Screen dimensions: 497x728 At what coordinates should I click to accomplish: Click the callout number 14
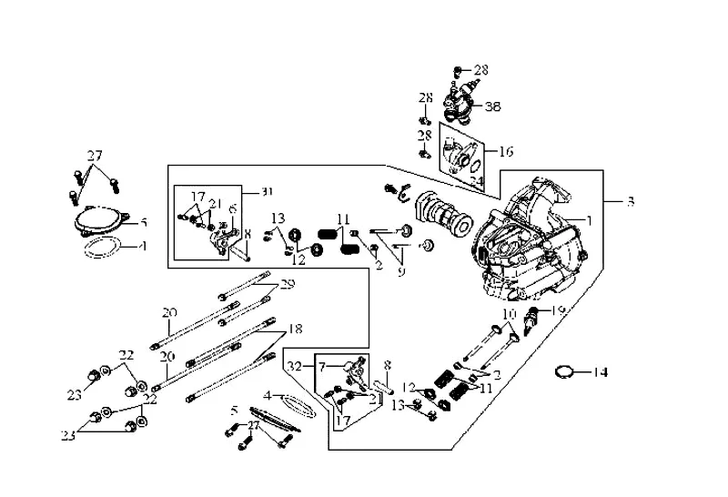point(600,372)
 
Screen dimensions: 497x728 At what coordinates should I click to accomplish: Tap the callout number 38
point(492,106)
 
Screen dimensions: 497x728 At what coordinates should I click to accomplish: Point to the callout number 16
point(506,151)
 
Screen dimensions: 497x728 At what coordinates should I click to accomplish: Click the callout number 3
point(631,201)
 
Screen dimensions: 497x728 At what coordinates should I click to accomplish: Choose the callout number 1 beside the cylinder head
point(589,219)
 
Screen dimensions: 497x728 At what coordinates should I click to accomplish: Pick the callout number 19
point(559,311)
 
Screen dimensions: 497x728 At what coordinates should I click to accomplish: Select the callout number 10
point(510,314)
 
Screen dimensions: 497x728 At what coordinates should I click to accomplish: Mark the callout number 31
point(266,191)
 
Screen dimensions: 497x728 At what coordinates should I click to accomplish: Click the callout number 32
point(293,366)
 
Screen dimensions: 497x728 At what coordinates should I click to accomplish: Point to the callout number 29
point(288,285)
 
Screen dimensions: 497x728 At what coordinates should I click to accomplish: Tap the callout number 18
point(295,328)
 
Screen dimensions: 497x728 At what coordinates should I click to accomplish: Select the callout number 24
point(475,181)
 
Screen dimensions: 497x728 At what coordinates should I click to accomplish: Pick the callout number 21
point(215,202)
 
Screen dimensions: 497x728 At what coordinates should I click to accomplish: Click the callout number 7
point(320,365)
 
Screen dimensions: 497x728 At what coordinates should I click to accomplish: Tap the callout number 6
point(234,208)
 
